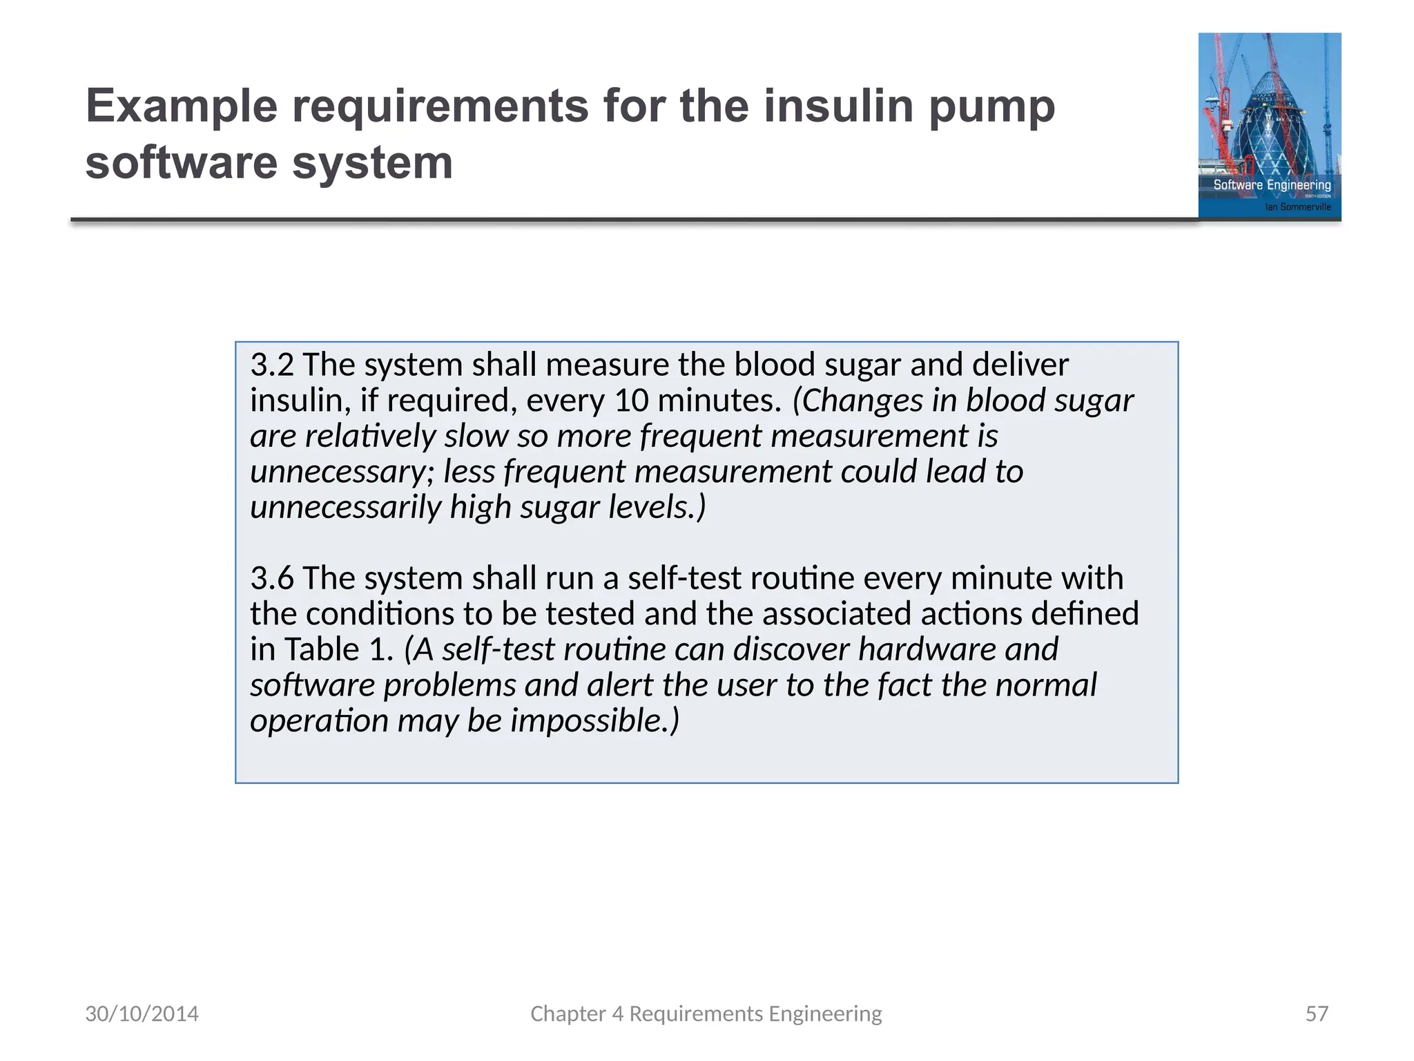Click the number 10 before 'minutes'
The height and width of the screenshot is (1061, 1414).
click(x=631, y=401)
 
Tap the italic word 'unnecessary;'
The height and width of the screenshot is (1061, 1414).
click(x=342, y=472)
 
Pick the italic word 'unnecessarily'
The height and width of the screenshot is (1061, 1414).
click(x=345, y=508)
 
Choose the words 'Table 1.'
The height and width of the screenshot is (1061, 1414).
click(x=338, y=649)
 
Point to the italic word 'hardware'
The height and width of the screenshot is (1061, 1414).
click(x=928, y=649)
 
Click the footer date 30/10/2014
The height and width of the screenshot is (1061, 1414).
click(x=142, y=1013)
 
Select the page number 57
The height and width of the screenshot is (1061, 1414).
click(x=1317, y=1013)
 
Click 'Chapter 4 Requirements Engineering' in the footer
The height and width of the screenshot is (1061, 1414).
click(x=706, y=1013)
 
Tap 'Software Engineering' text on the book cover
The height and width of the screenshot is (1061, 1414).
click(x=1272, y=185)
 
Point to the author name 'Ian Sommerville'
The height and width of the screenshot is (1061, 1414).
click(x=1297, y=207)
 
